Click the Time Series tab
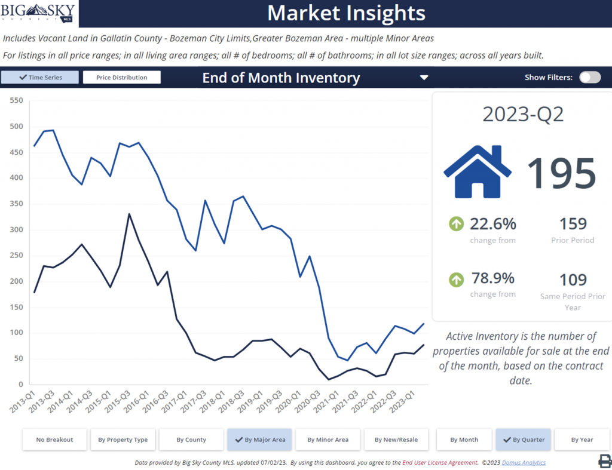[40, 78]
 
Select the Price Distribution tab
[122, 78]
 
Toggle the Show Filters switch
[589, 78]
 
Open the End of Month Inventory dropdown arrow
[424, 78]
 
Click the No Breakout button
[54, 440]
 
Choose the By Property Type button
[123, 440]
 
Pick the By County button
[191, 440]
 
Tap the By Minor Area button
[328, 440]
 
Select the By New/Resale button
[396, 440]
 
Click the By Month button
[464, 440]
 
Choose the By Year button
[582, 440]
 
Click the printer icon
[604, 460]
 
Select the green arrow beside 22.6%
[456, 225]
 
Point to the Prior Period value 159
[573, 224]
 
